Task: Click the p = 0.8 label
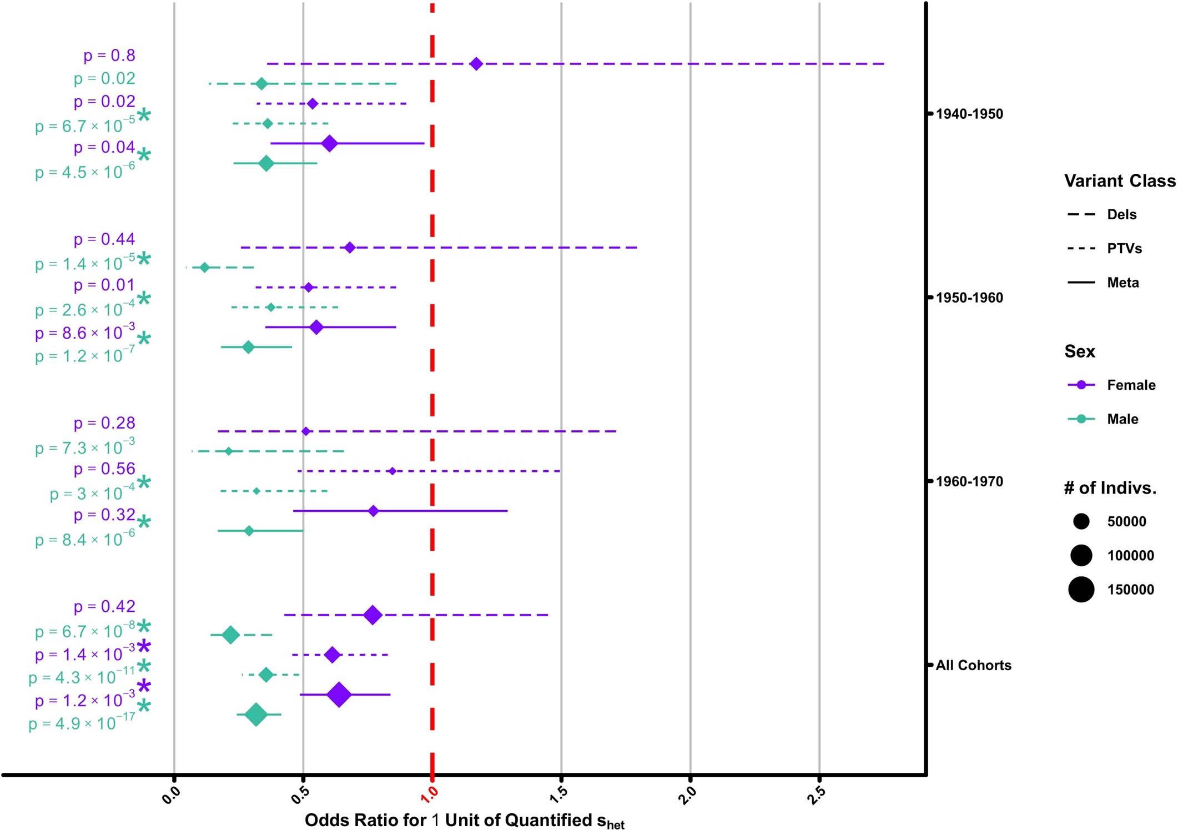109,56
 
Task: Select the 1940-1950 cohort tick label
969,114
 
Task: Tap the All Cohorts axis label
973,665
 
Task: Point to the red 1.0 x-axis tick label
430,796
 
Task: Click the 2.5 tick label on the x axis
817,796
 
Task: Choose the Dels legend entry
1121,214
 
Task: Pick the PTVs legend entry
1124,248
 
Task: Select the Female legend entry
1131,385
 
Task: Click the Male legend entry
1122,419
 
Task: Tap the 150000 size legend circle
1081,589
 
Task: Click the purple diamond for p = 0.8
476,64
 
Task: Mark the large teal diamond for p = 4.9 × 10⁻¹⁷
256,715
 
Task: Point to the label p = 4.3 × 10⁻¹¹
82,677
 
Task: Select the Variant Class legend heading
1119,181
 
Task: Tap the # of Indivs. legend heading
1110,488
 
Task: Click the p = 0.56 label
104,469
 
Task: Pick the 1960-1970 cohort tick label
969,481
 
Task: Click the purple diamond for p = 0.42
372,615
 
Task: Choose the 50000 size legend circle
1081,521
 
